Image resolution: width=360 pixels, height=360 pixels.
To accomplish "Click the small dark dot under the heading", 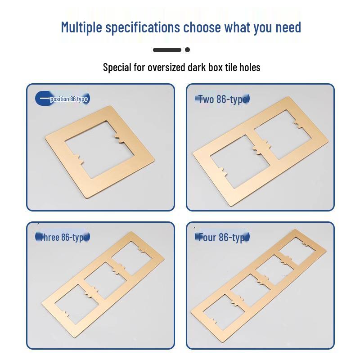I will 187,49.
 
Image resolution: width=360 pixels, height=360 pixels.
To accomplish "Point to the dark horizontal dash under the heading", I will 167,49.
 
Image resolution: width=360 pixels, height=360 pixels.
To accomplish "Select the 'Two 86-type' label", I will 222,99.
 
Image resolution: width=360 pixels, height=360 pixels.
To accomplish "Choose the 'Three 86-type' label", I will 63,237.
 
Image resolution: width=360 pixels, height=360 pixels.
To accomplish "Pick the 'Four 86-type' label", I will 222,237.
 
